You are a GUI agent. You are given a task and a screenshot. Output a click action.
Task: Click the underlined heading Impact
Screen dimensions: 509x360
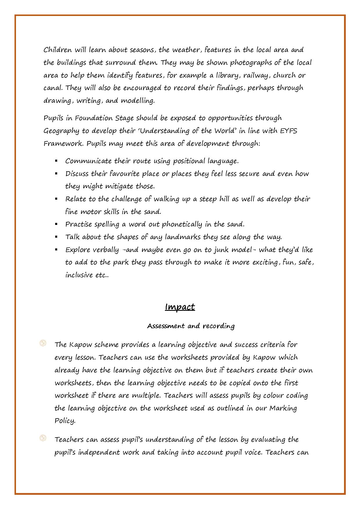(180, 307)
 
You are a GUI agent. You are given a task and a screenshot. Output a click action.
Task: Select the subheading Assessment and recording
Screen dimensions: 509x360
(191, 326)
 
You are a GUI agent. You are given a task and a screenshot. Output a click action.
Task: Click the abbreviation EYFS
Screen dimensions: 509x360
(289, 131)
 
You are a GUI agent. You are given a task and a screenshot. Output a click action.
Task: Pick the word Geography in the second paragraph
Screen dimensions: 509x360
(61, 131)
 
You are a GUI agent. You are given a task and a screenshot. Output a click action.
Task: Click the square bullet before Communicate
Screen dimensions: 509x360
(56, 161)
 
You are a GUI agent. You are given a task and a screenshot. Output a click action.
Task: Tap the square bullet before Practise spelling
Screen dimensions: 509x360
(56, 224)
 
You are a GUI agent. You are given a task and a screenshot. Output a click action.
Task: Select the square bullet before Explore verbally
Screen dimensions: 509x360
(56, 250)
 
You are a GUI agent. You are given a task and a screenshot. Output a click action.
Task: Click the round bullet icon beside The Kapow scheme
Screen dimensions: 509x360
(43, 343)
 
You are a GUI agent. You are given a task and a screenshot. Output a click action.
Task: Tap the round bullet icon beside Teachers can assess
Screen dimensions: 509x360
(43, 438)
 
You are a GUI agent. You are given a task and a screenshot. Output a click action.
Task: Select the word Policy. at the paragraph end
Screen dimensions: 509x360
(65, 421)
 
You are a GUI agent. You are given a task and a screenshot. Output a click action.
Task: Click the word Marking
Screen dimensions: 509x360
(283, 408)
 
